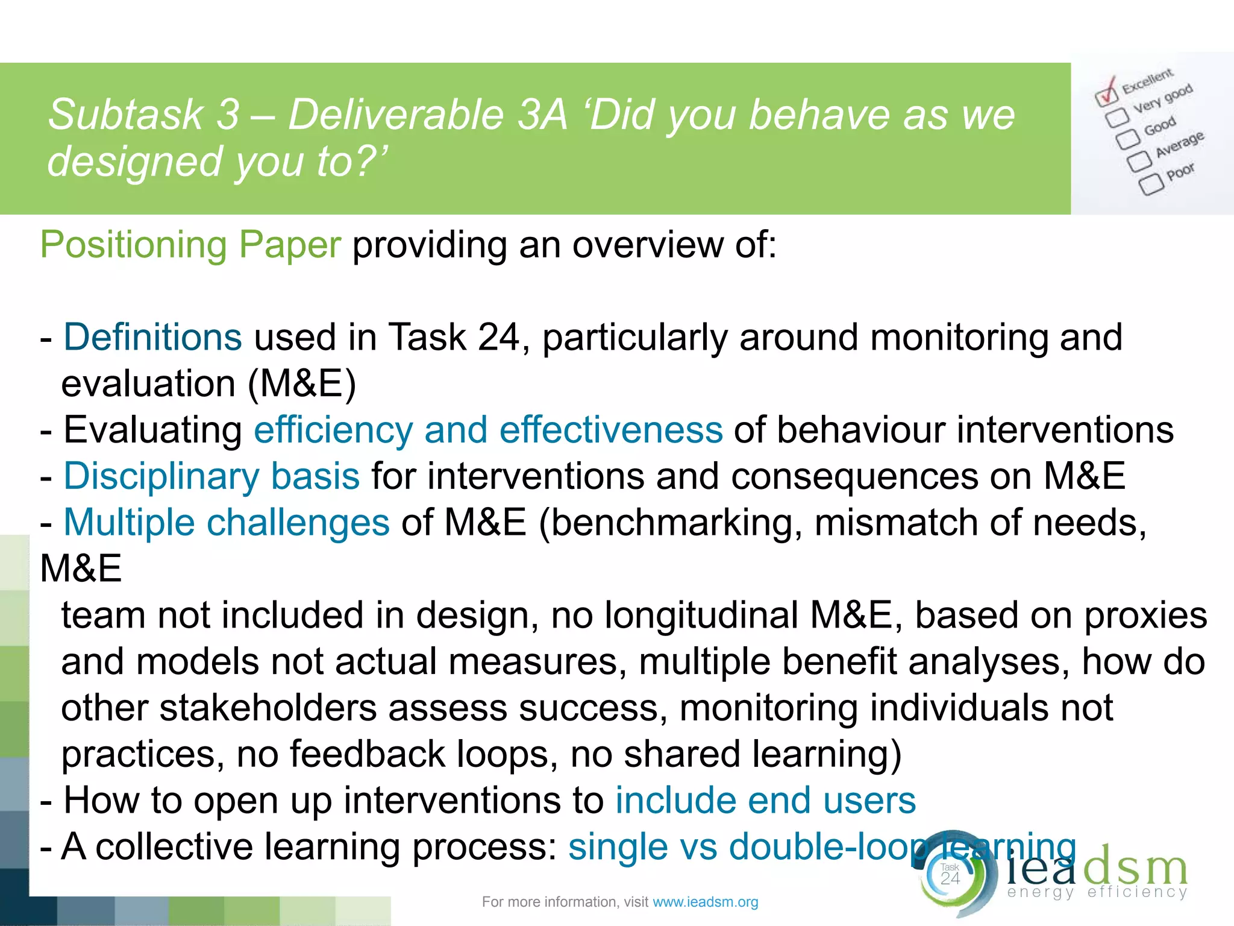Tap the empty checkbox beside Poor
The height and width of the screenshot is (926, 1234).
pos(1151,183)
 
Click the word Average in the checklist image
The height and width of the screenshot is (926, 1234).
pos(1179,143)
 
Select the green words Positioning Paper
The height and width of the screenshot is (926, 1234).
pos(190,245)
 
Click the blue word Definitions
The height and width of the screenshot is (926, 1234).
pos(152,337)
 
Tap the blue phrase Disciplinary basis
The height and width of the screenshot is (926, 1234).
pos(211,476)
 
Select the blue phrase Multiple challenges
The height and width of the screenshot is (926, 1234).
pos(227,522)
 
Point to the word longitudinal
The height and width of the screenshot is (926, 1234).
pos(701,616)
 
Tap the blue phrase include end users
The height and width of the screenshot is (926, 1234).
pos(765,801)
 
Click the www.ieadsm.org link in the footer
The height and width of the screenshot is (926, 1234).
pos(705,902)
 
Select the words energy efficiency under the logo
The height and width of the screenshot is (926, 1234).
pos(1097,892)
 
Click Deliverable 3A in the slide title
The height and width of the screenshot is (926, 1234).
pos(428,115)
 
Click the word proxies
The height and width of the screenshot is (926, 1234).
pos(1145,616)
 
